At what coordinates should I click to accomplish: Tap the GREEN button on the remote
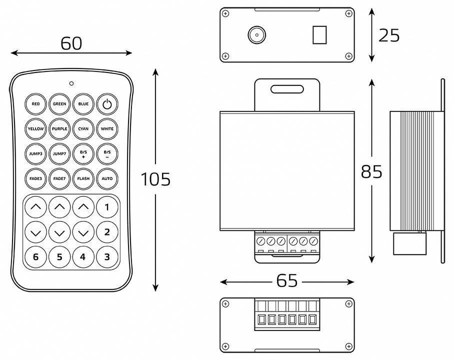pos(59,104)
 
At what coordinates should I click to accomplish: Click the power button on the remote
pos(107,104)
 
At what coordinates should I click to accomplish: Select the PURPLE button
pos(59,129)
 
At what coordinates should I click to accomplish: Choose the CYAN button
pos(83,129)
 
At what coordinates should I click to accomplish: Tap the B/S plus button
pos(83,153)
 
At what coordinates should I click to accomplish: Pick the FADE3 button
pos(35,178)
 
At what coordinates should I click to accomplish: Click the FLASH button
pos(83,178)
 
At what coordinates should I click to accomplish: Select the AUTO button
pos(107,178)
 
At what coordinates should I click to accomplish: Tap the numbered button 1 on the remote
pos(107,206)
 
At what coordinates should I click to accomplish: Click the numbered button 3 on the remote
pos(107,257)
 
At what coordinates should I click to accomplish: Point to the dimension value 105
pos(155,179)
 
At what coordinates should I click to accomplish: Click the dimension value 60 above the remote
pos(71,43)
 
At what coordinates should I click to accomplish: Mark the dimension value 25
pos(389,35)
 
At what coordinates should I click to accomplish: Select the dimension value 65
pos(287,281)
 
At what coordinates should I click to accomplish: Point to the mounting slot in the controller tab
pos(287,89)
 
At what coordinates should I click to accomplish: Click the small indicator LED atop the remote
pos(71,83)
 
